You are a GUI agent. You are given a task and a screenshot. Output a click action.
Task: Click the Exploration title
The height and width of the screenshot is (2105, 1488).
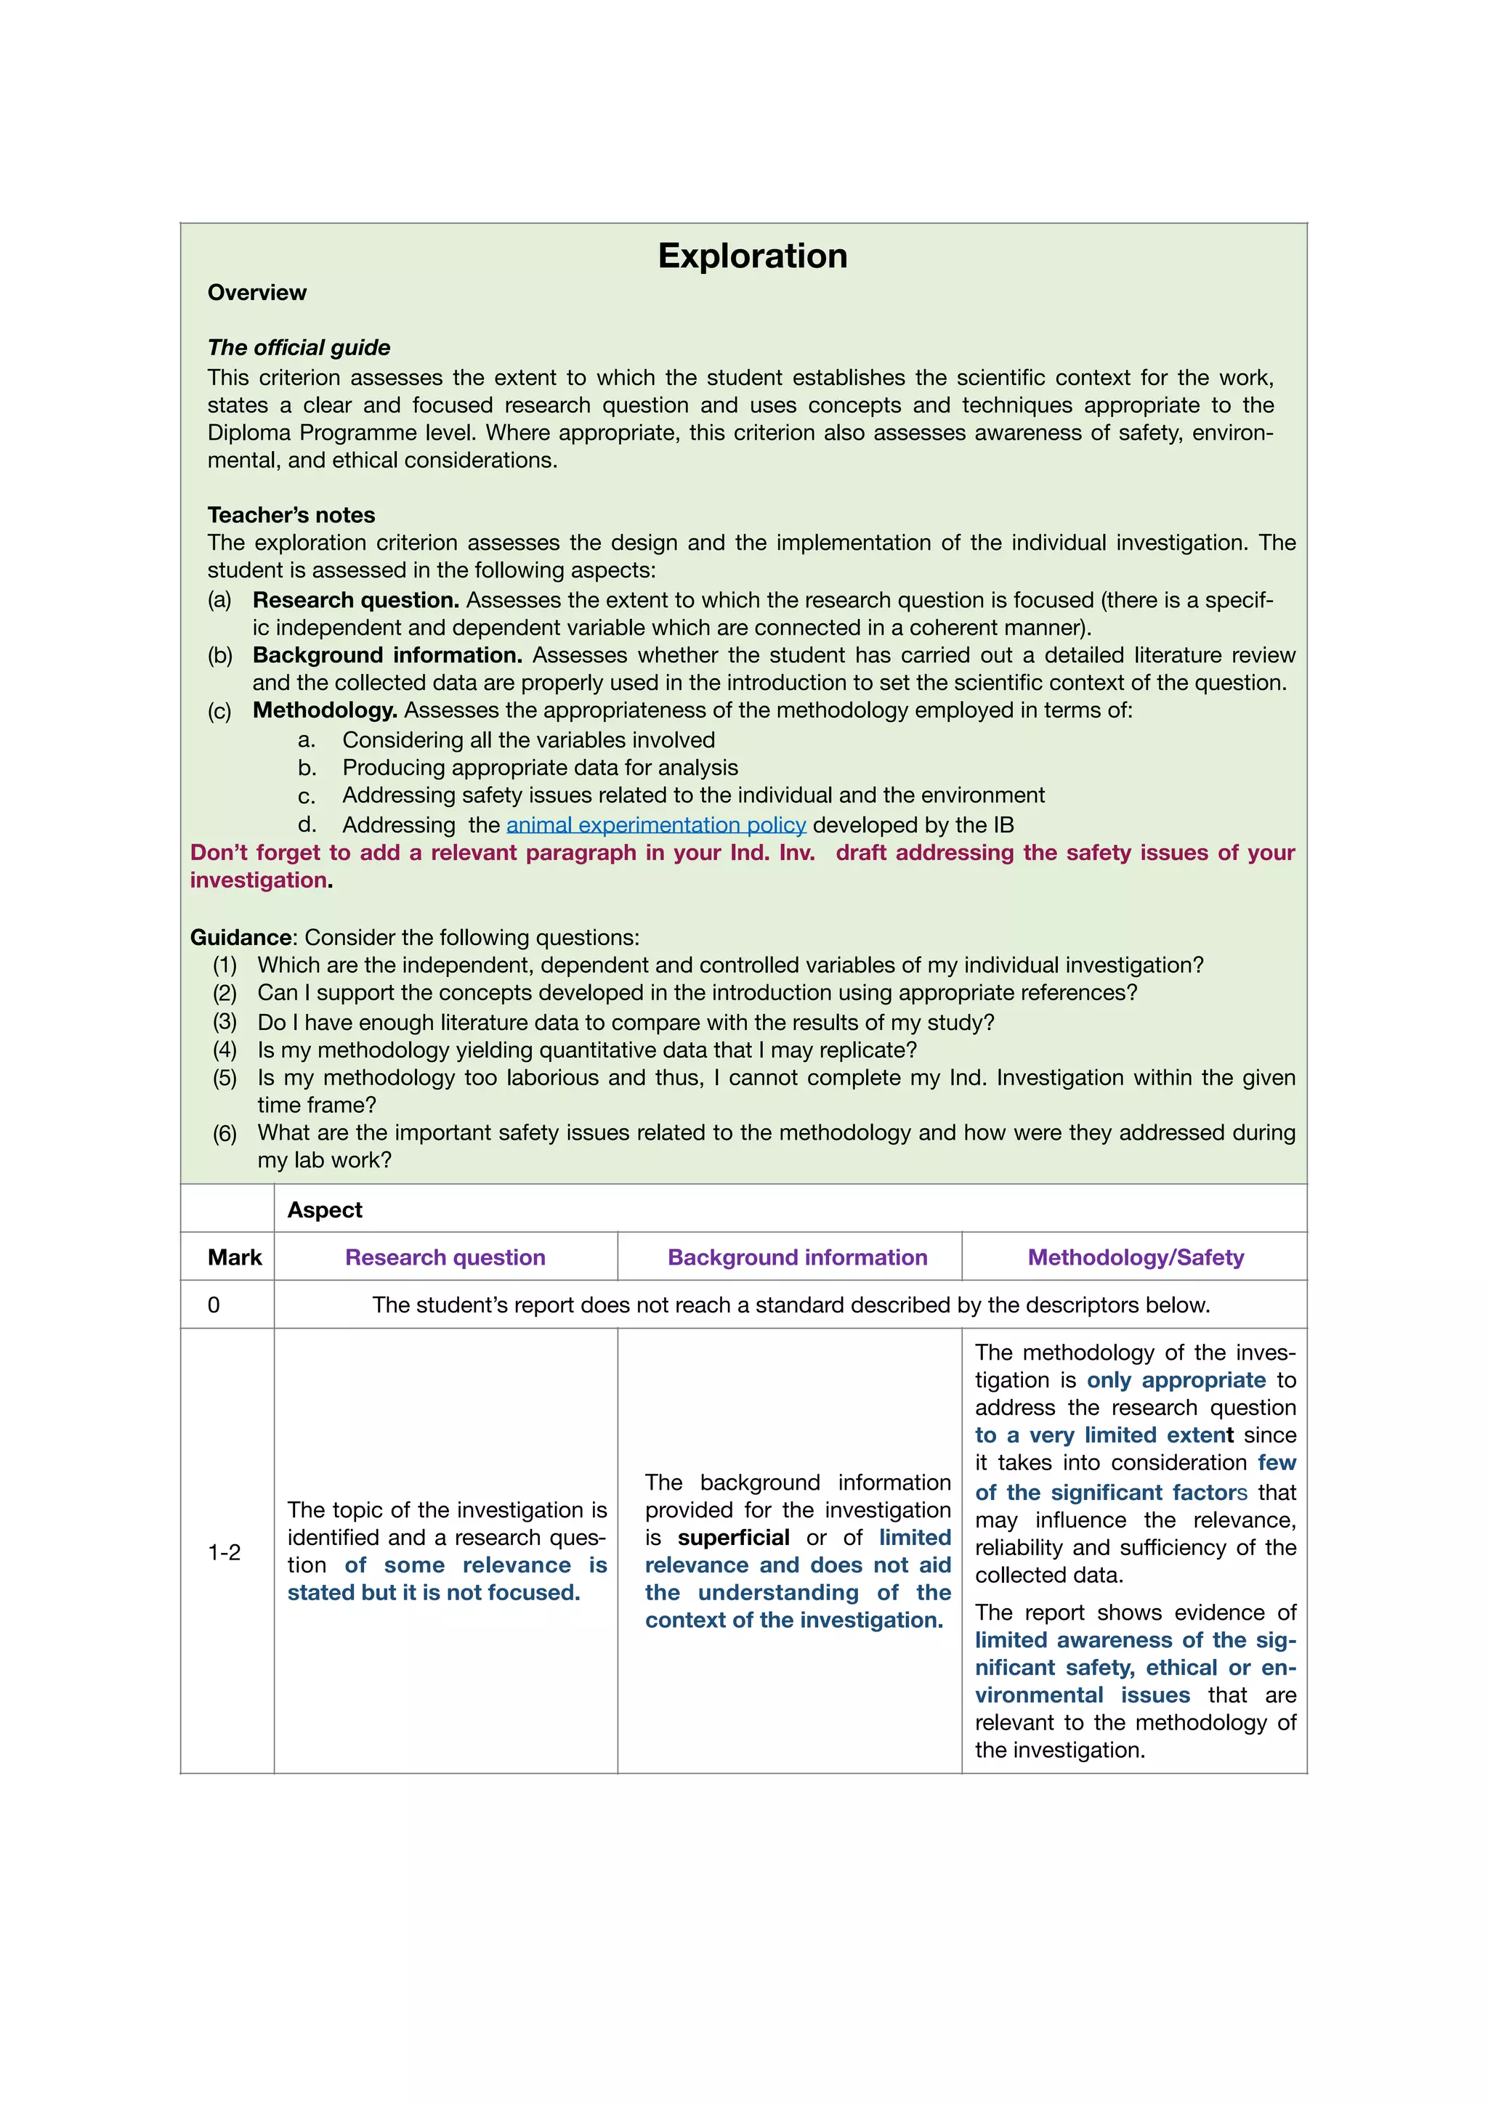click(752, 256)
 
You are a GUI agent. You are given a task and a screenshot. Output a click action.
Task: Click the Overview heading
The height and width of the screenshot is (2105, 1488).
click(256, 293)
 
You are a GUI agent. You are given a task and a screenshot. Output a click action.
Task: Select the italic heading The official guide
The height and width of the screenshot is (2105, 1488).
click(298, 347)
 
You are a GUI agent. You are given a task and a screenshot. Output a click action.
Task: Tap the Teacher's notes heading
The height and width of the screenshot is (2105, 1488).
click(291, 514)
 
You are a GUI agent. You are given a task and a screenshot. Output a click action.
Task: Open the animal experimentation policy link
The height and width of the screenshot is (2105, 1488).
click(655, 825)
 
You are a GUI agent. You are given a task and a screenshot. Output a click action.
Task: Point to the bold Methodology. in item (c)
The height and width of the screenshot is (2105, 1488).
click(325, 710)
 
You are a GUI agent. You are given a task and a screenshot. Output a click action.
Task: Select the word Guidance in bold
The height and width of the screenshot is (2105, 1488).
click(240, 937)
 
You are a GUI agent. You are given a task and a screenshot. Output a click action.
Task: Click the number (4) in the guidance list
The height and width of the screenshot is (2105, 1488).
click(225, 1050)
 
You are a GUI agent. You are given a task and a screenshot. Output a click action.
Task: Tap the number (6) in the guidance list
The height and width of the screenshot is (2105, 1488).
click(225, 1133)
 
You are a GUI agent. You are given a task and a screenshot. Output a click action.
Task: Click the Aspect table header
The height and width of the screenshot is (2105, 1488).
click(325, 1210)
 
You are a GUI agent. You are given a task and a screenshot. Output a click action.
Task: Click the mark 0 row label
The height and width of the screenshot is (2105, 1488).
click(214, 1305)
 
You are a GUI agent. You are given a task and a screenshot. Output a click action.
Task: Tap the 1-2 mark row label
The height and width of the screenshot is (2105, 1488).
click(224, 1552)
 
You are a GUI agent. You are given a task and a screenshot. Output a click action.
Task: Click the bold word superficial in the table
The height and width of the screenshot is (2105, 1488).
click(732, 1538)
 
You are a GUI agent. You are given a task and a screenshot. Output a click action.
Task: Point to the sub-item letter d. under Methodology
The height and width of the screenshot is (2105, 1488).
click(307, 824)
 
